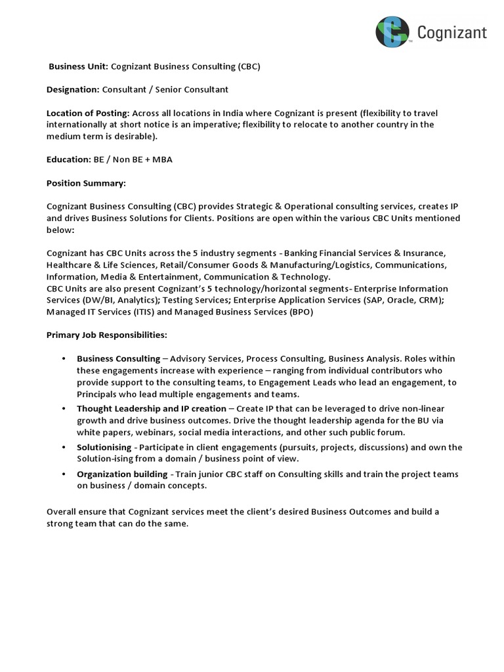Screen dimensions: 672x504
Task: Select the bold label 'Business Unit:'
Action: [x=79, y=67]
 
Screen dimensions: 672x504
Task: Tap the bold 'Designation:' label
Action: [x=73, y=89]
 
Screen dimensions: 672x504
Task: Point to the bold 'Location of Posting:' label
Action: [x=89, y=113]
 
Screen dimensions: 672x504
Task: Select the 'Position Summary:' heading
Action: [x=86, y=182]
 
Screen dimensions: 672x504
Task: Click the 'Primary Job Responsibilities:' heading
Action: [x=107, y=335]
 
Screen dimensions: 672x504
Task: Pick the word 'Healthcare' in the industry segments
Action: [x=69, y=265]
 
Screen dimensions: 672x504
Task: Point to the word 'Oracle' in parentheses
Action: [x=398, y=301]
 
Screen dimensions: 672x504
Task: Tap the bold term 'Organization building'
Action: [x=122, y=474]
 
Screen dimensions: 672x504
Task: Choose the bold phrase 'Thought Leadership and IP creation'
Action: [x=151, y=408]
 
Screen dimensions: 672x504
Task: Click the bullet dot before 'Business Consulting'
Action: [x=63, y=358]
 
